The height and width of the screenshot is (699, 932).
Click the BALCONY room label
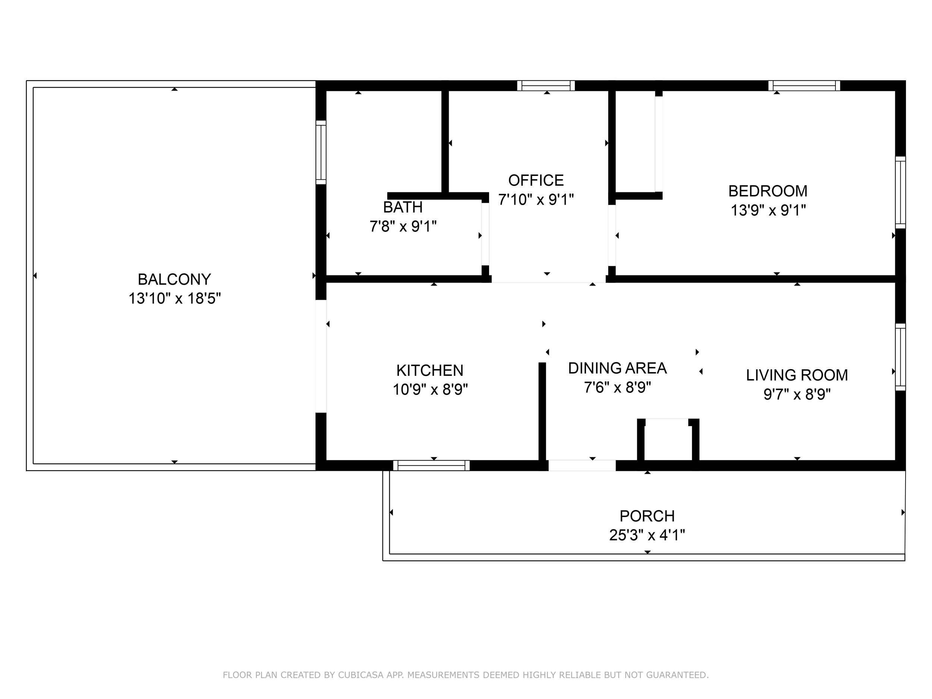174,279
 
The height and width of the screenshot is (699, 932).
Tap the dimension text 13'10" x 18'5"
174,299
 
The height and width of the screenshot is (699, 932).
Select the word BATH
402,207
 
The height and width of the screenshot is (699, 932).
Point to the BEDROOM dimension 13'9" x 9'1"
768,210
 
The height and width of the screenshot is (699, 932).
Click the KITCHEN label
429,370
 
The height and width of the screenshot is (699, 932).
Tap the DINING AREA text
617,368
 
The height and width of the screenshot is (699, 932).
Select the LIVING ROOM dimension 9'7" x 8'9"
797,395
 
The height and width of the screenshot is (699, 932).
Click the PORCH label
647,516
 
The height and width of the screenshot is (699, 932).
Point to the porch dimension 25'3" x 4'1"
647,535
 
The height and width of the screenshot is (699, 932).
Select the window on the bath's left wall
321,152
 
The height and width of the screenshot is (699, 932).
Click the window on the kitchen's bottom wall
431,466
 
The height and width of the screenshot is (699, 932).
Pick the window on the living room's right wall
900,357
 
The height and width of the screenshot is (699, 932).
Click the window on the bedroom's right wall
900,193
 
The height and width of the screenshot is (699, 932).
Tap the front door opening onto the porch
582,466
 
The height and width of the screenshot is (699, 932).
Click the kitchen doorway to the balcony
321,356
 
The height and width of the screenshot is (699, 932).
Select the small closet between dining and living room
668,441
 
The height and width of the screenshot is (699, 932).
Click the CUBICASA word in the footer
360,675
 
